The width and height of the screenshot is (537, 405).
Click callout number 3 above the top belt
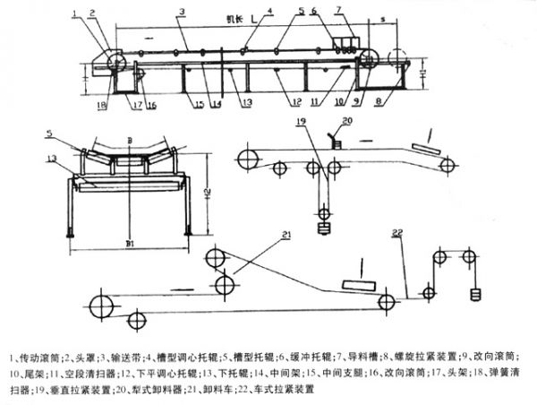click(x=182, y=13)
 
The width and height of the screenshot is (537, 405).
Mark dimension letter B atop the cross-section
click(x=131, y=142)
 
